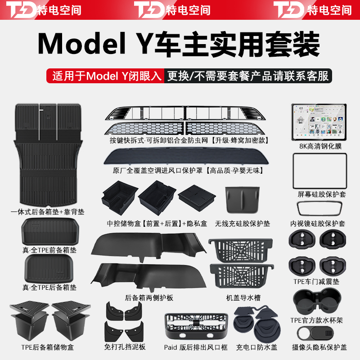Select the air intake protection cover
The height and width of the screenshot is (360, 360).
pyautogui.click(x=187, y=159)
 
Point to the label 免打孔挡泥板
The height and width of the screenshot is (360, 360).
pyautogui.click(x=125, y=347)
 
